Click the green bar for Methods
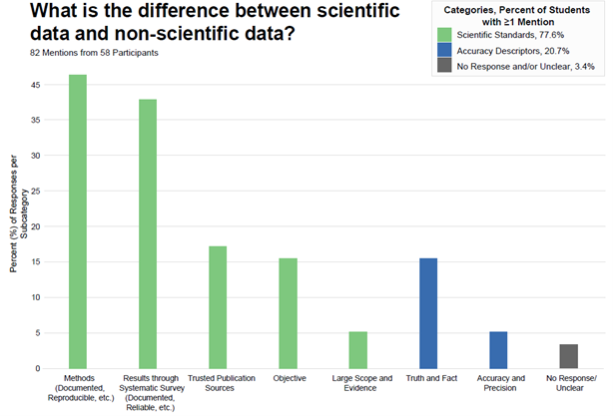pyautogui.click(x=77, y=221)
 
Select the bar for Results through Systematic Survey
pyautogui.click(x=147, y=233)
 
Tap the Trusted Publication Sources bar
pyautogui.click(x=218, y=307)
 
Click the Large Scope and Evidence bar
pyautogui.click(x=358, y=349)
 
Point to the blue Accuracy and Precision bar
pyautogui.click(x=498, y=349)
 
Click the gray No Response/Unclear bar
pyautogui.click(x=569, y=356)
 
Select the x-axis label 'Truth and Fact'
pyautogui.click(x=428, y=379)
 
